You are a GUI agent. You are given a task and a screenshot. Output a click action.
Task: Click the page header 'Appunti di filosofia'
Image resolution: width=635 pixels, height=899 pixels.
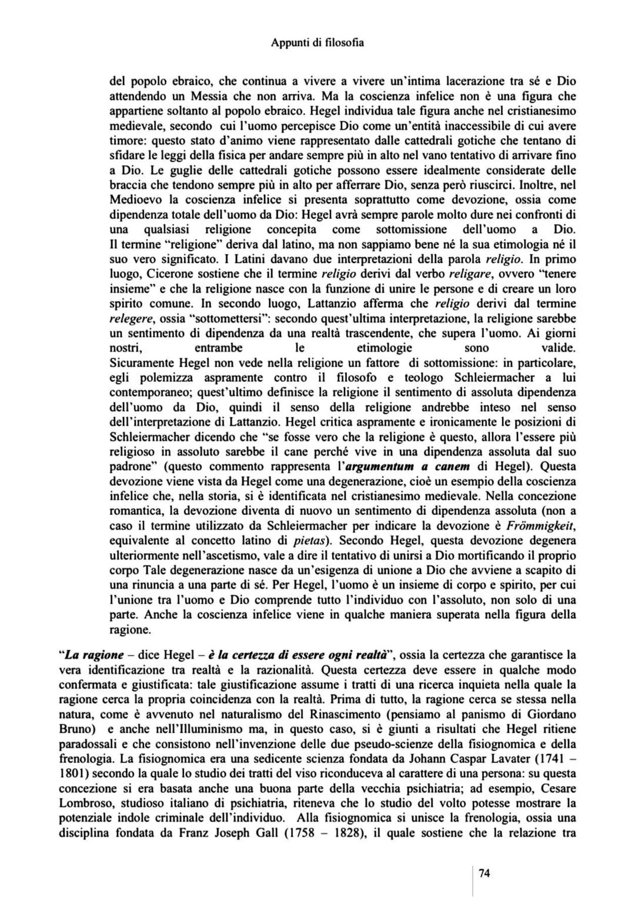317,42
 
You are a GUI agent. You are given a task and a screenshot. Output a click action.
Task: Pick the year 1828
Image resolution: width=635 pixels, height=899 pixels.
347,833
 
